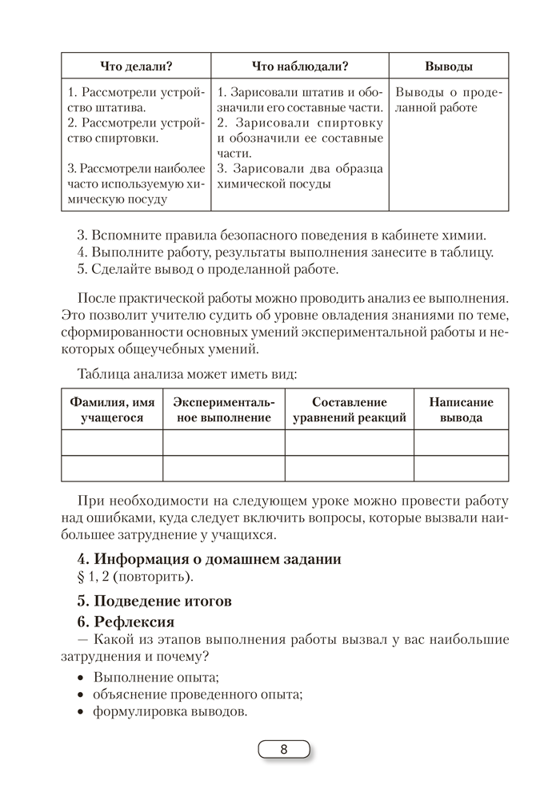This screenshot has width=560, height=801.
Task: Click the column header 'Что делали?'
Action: [136, 66]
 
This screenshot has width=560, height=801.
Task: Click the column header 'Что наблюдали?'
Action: [300, 66]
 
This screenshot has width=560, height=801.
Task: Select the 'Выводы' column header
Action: [448, 66]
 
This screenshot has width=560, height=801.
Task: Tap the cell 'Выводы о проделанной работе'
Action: [448, 99]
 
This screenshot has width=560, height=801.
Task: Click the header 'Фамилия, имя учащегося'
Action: [112, 410]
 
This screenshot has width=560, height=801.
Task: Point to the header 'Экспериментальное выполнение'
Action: [224, 410]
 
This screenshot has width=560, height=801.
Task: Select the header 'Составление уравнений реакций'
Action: [349, 410]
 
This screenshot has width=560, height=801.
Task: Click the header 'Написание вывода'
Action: [461, 410]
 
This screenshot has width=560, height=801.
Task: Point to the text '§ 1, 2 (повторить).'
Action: [132, 578]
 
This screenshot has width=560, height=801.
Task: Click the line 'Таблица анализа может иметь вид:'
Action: [187, 374]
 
